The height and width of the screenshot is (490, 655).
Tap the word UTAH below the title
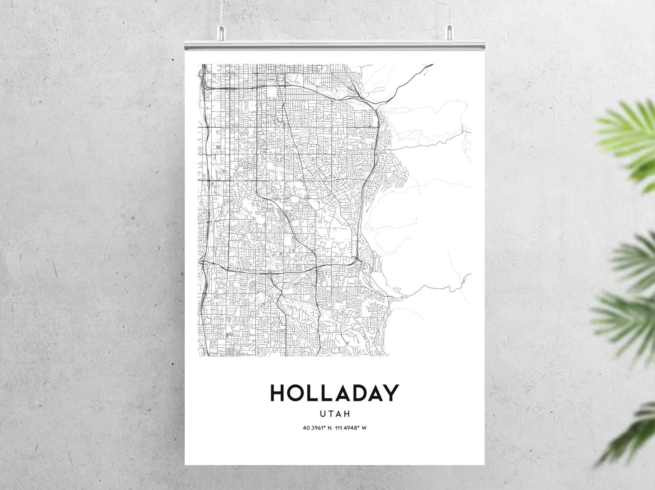335,413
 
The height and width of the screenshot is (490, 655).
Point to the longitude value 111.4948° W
350,428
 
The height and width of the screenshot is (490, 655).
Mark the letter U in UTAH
323,413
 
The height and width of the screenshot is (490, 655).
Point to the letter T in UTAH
330,413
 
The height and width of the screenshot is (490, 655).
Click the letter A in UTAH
338,413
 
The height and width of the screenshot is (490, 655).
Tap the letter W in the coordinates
364,428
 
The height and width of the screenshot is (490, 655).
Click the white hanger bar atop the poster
334,45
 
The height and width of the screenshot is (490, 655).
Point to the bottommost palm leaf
631,441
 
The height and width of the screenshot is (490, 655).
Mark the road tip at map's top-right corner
431,64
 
